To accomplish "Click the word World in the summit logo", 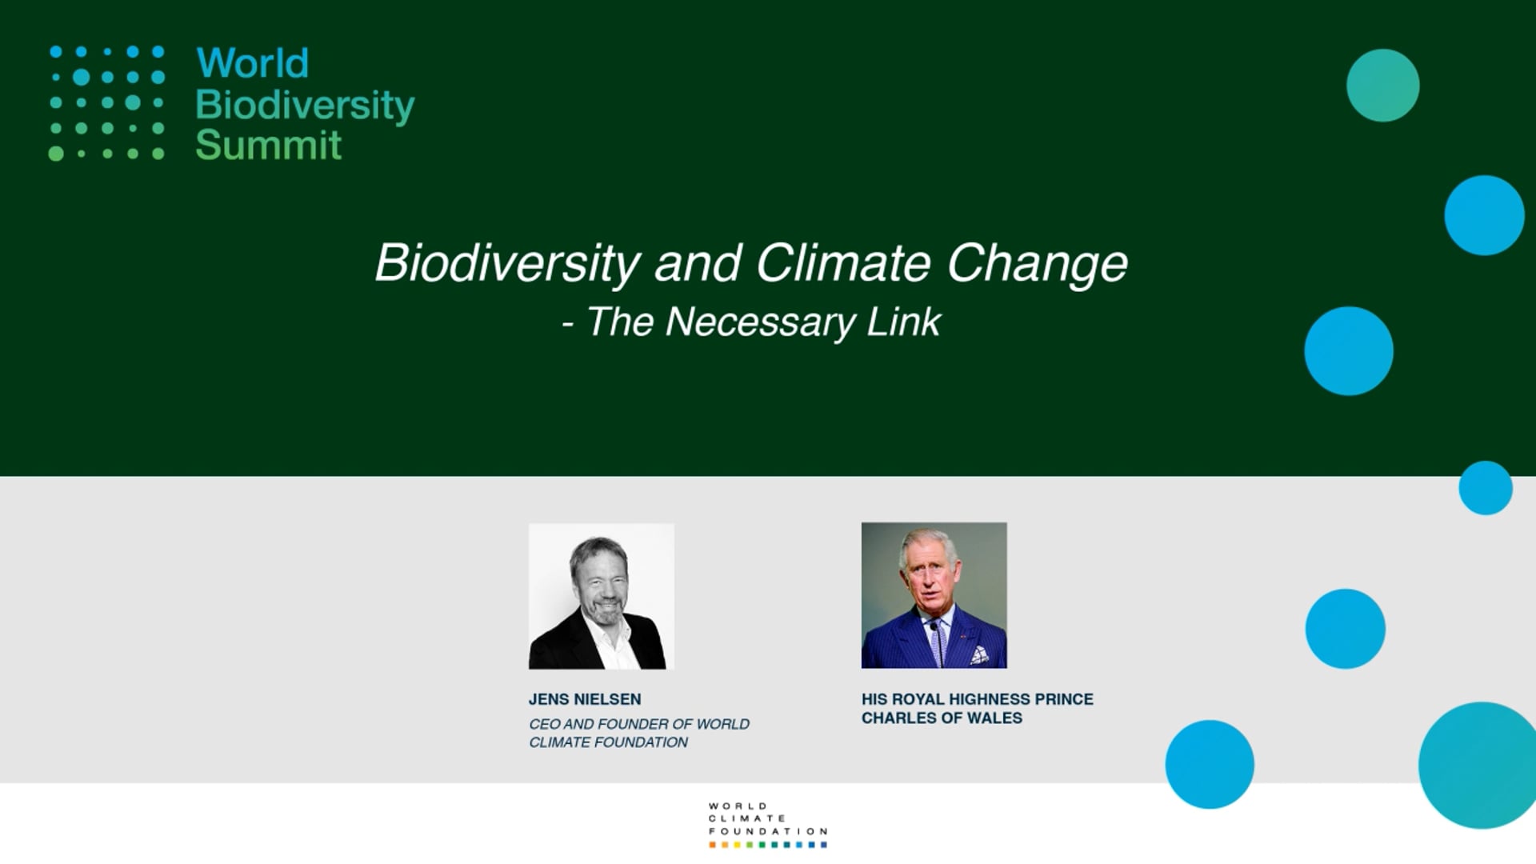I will point(253,63).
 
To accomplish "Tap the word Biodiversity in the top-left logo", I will point(305,106).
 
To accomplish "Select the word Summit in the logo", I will point(269,146).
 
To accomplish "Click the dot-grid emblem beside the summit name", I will point(107,102).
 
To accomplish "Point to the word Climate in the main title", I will point(843,262).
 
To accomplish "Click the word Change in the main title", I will point(1037,264).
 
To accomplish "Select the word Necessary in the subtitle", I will point(761,322).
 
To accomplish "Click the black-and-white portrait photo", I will point(602,596).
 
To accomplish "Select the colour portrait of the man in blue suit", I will point(934,595).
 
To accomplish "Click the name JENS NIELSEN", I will point(585,699).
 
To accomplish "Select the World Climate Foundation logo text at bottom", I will point(767,818).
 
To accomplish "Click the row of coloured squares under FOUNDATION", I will point(767,845).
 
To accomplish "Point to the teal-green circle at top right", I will point(1382,86).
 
